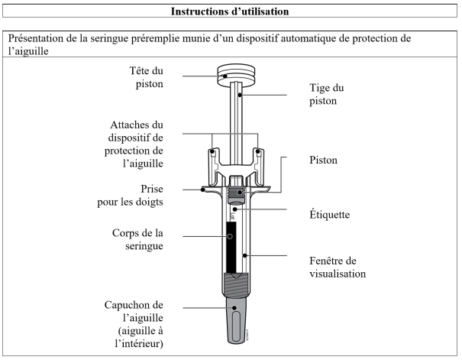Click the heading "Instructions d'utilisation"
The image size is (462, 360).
tap(230, 12)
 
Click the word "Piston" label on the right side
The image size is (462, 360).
tap(306, 162)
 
